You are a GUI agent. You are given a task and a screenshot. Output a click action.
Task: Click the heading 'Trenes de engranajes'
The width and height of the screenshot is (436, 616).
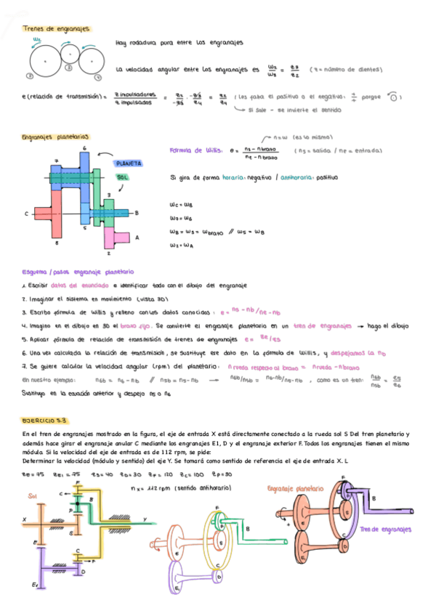pyautogui.click(x=57, y=29)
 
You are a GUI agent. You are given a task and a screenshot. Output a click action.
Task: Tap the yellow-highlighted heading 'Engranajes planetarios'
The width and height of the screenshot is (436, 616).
pyautogui.click(x=56, y=136)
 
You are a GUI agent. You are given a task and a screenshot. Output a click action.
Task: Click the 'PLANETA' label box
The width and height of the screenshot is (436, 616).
pyautogui.click(x=129, y=163)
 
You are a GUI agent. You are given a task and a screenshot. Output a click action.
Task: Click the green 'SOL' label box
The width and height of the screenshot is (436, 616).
pyautogui.click(x=124, y=177)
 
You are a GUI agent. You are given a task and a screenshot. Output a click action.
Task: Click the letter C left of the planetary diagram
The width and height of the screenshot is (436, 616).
pyautogui.click(x=25, y=214)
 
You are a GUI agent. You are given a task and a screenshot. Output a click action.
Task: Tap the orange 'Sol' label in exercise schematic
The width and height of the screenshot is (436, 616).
pyautogui.click(x=33, y=495)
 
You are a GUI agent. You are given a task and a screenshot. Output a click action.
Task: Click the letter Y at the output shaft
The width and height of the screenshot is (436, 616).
pyautogui.click(x=145, y=519)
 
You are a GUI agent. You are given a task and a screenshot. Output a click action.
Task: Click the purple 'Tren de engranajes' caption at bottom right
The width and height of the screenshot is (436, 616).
pyautogui.click(x=386, y=530)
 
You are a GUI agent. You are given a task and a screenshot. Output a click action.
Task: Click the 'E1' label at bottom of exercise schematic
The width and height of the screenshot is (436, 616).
pyautogui.click(x=34, y=583)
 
